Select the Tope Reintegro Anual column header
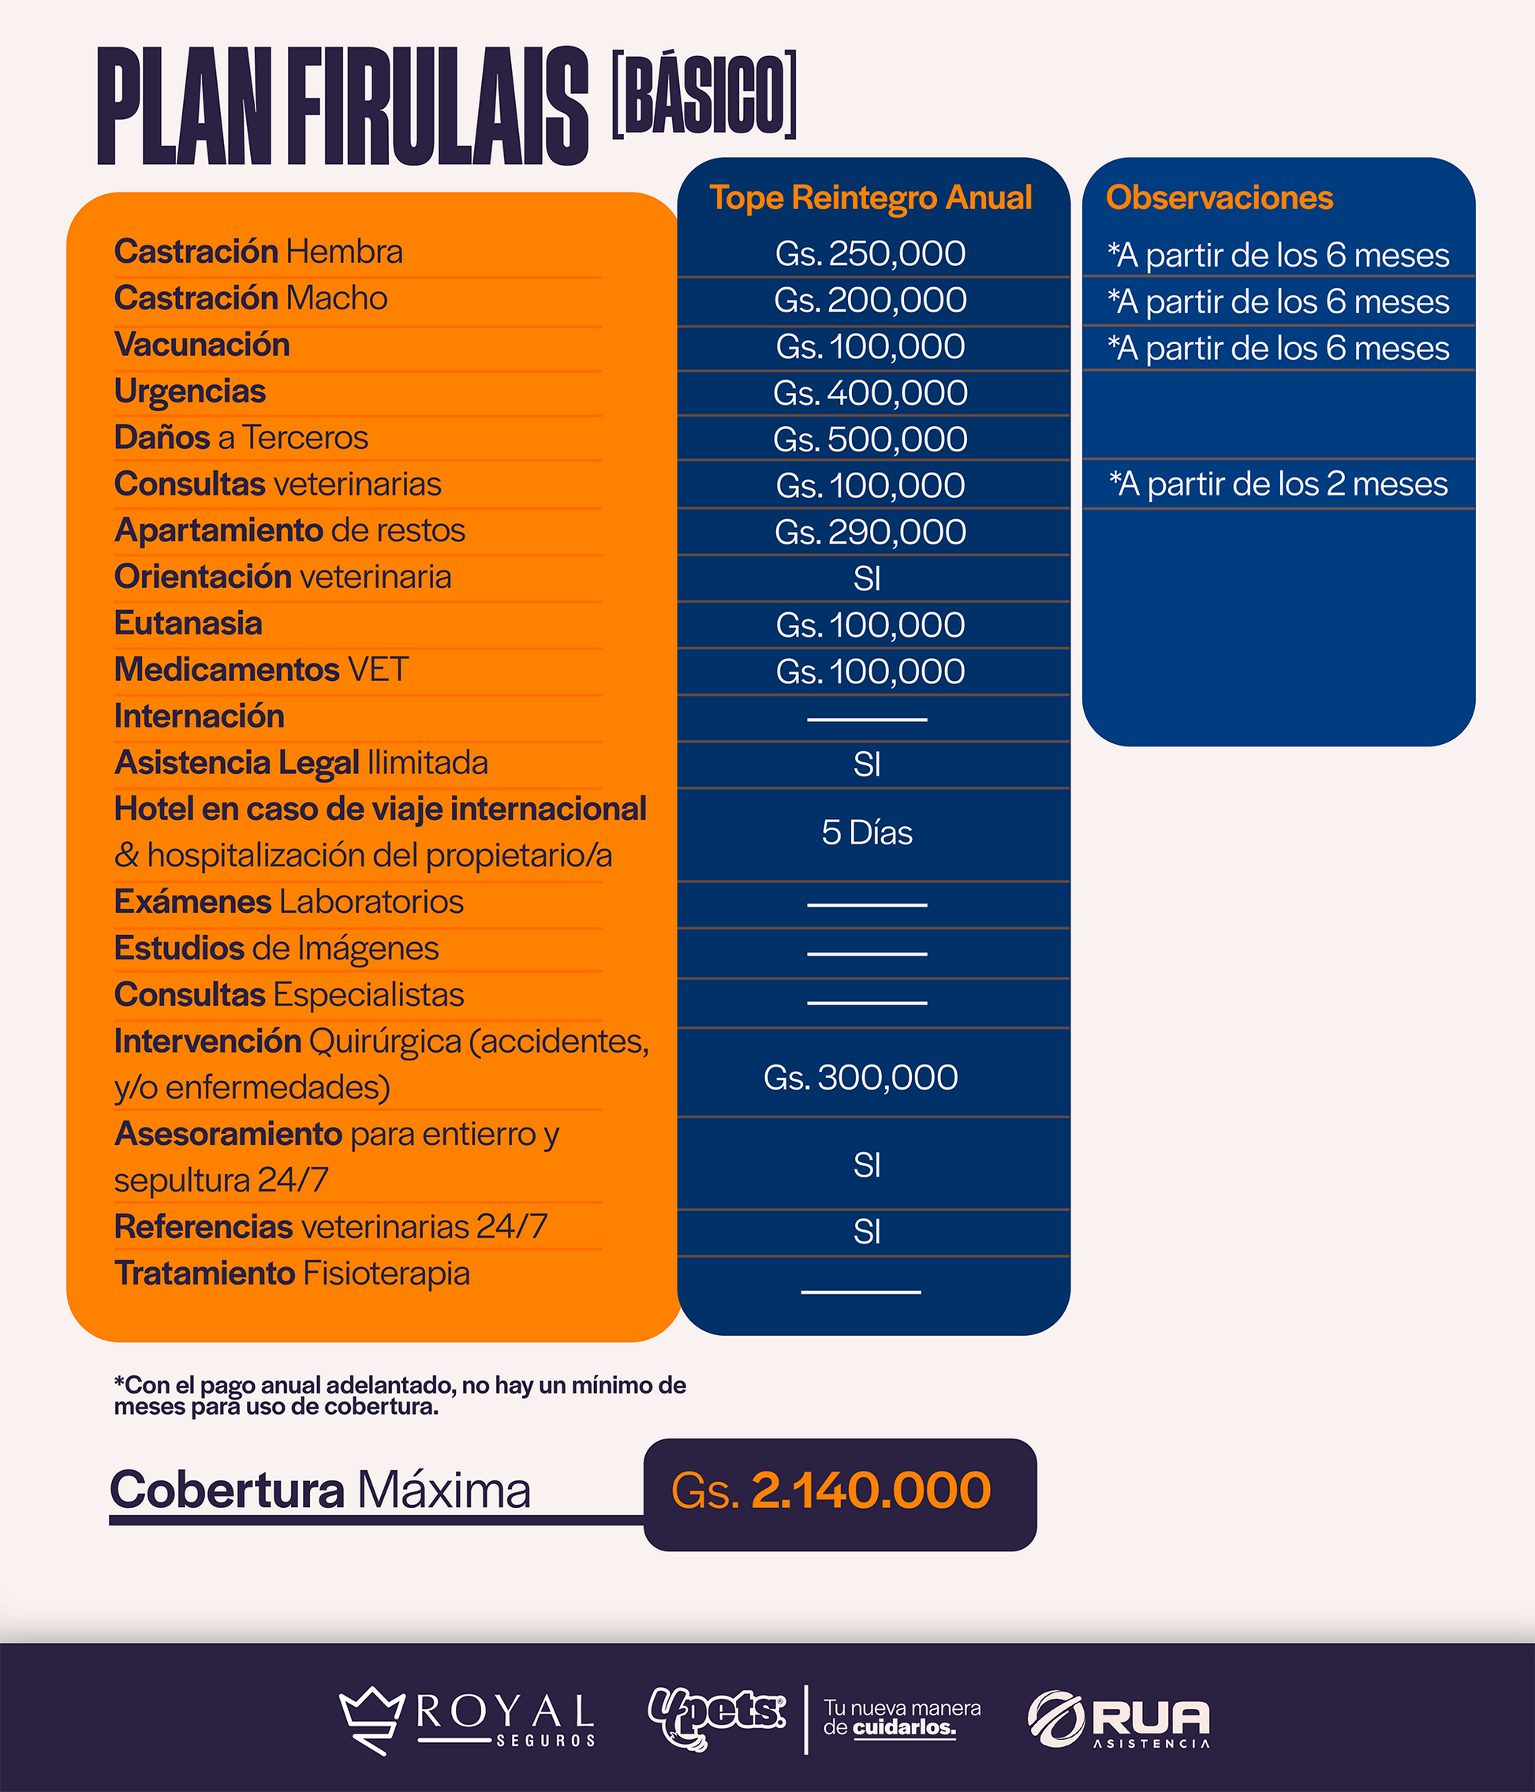[x=870, y=197]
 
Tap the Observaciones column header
[x=1219, y=197]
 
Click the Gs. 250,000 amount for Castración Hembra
[x=870, y=253]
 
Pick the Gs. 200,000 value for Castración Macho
[x=870, y=300]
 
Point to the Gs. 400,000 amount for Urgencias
[x=870, y=394]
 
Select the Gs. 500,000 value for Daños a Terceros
[x=870, y=440]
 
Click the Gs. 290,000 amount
[x=870, y=532]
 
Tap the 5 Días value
[x=867, y=832]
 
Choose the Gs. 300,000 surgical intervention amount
[x=861, y=1078]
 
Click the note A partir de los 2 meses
[x=1278, y=484]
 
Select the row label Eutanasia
[x=188, y=623]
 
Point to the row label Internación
[x=199, y=716]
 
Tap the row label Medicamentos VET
[x=261, y=669]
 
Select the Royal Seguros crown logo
[x=372, y=1719]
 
